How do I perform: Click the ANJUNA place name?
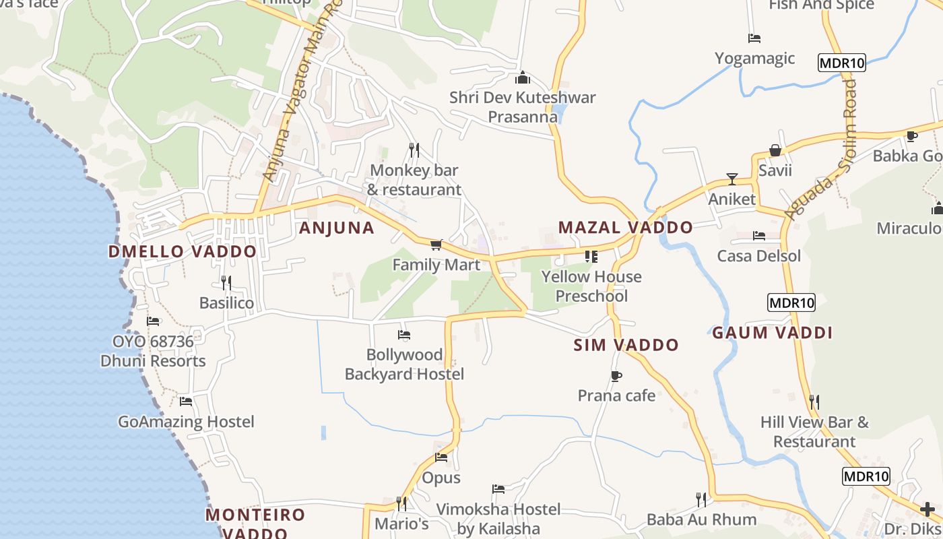(336, 228)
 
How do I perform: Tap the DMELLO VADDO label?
(183, 252)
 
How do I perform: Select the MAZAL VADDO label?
(625, 228)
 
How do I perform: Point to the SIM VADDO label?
(626, 346)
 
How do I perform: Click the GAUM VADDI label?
(772, 333)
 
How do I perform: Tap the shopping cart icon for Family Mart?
(436, 245)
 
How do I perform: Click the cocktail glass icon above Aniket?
(731, 179)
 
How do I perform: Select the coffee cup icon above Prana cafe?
(616, 376)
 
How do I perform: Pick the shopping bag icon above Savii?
(775, 150)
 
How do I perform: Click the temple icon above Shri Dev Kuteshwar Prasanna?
(523, 77)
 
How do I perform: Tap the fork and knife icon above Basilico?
(226, 282)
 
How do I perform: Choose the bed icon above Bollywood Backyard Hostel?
(404, 335)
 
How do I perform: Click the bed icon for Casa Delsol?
(759, 236)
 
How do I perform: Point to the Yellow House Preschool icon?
(591, 257)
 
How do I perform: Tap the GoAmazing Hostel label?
(186, 422)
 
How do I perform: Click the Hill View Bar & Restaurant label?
(814, 432)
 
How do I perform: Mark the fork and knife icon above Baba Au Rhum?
(701, 499)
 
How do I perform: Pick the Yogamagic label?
(754, 59)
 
